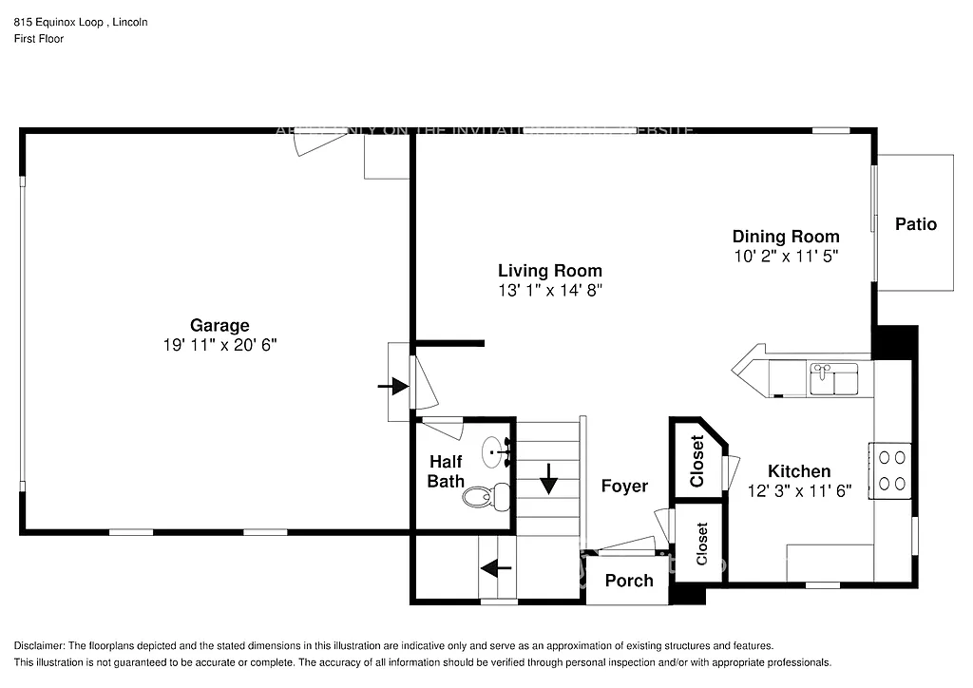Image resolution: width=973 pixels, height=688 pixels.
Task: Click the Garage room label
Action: click(x=219, y=325)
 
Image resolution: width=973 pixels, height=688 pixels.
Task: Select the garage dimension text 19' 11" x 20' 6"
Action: click(x=219, y=345)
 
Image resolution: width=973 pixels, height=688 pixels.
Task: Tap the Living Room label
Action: click(x=550, y=271)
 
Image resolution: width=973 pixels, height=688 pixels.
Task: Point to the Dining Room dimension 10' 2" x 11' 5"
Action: click(x=785, y=256)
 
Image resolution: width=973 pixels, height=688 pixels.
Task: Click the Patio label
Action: click(x=915, y=224)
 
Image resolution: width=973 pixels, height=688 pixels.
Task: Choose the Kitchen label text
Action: click(x=799, y=471)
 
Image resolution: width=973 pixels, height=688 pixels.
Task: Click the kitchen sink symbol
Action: click(x=833, y=379)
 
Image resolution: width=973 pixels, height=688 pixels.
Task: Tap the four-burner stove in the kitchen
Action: click(x=891, y=469)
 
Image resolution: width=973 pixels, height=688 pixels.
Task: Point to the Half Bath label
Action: click(x=446, y=471)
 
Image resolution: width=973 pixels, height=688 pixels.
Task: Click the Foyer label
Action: click(x=624, y=486)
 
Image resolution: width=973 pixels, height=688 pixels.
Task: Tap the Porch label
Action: click(x=628, y=581)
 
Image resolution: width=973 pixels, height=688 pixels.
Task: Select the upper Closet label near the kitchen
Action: click(x=697, y=462)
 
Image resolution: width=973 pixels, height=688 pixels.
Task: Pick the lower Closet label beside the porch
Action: click(x=702, y=544)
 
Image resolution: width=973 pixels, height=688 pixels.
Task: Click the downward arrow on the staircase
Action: click(x=548, y=478)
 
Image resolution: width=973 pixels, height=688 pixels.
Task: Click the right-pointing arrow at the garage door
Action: click(x=392, y=386)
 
